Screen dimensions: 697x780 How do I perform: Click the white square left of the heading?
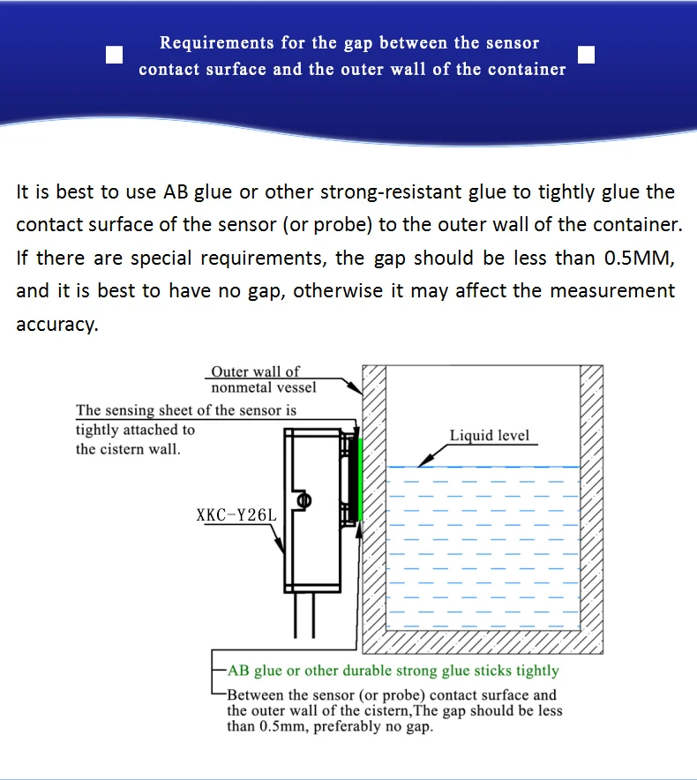click(x=115, y=55)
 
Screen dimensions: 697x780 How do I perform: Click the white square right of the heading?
click(x=586, y=55)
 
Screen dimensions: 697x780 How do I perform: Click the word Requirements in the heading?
click(x=216, y=42)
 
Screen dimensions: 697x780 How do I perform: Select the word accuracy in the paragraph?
click(x=57, y=325)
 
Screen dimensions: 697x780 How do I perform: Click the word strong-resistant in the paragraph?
click(x=391, y=192)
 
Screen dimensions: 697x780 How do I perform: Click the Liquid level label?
click(x=489, y=435)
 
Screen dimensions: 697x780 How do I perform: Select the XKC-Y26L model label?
click(x=236, y=514)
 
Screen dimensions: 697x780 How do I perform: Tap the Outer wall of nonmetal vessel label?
click(x=263, y=379)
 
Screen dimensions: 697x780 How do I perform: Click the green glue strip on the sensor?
click(x=360, y=480)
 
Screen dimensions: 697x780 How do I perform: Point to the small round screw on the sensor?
click(x=304, y=500)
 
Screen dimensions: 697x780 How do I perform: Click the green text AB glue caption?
click(x=393, y=671)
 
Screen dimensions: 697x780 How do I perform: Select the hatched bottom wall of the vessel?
click(x=483, y=641)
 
